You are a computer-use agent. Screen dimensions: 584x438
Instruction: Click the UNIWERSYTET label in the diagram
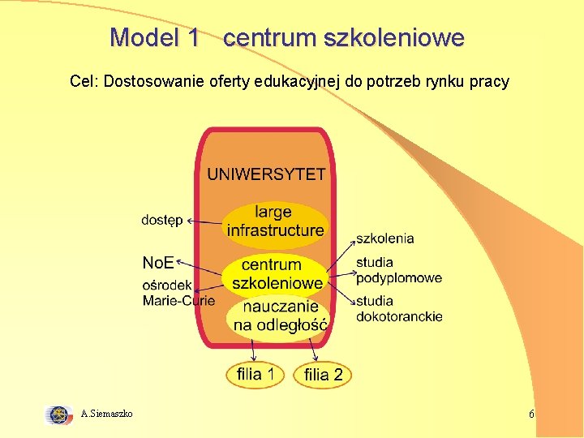pos(266,174)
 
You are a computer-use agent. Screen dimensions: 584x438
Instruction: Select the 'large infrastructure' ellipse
pos(275,221)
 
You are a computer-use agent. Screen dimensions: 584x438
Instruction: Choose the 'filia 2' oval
pos(323,375)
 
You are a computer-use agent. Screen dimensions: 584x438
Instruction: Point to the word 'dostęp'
pos(161,220)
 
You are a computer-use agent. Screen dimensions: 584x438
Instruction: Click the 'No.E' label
pos(158,262)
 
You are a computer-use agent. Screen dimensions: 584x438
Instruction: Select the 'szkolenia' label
pos(384,238)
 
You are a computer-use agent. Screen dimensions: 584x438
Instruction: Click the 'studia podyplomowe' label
pos(398,270)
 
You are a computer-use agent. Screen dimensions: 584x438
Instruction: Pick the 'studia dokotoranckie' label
pos(399,308)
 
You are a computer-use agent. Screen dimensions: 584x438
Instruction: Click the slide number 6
pos(531,414)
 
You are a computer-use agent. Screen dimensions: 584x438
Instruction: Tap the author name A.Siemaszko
pos(108,414)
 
